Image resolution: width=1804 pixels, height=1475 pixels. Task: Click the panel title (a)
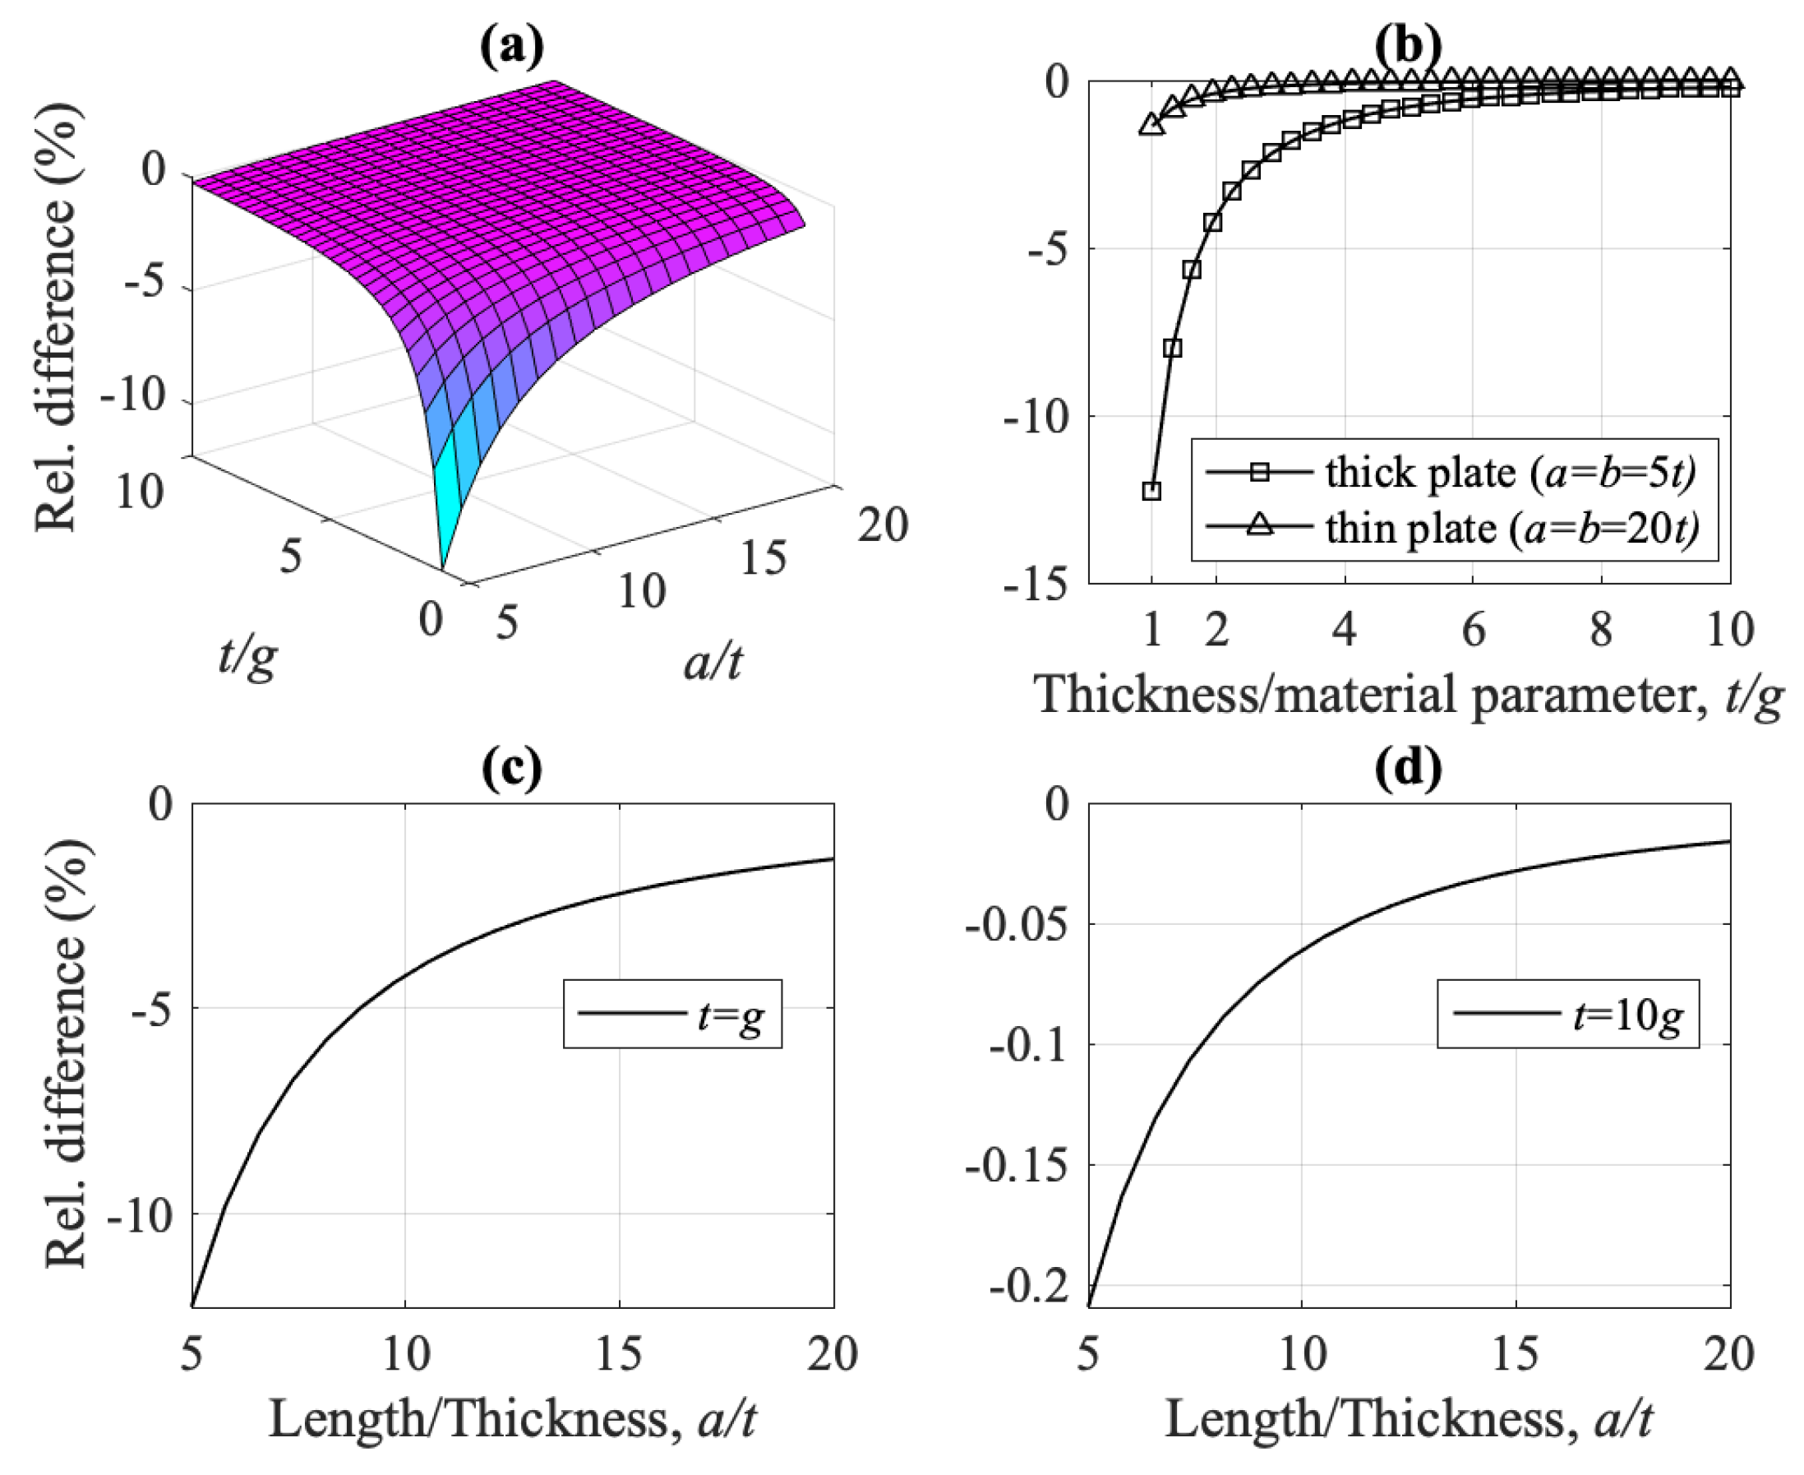(x=512, y=47)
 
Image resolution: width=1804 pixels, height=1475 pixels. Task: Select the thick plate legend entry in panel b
(x=1452, y=473)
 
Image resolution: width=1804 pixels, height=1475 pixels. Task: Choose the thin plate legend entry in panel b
(x=1452, y=529)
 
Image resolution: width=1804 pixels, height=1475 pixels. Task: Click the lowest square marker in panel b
(x=1151, y=490)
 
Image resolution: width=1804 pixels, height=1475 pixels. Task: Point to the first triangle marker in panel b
(x=1151, y=124)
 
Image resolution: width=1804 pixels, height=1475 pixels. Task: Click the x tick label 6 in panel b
(x=1473, y=631)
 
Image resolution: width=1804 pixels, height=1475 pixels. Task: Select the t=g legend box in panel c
(x=671, y=1014)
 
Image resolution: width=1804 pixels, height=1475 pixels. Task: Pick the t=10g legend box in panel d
(x=1568, y=1014)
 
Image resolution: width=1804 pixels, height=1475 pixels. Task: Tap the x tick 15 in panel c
(x=618, y=1352)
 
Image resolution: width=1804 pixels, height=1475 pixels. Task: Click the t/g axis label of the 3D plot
(x=247, y=657)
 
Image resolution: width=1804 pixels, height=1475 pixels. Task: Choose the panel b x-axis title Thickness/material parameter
(x=1408, y=695)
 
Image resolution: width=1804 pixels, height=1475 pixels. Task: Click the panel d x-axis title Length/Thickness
(x=1408, y=1418)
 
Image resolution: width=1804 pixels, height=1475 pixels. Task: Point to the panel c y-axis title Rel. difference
(x=67, y=1053)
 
